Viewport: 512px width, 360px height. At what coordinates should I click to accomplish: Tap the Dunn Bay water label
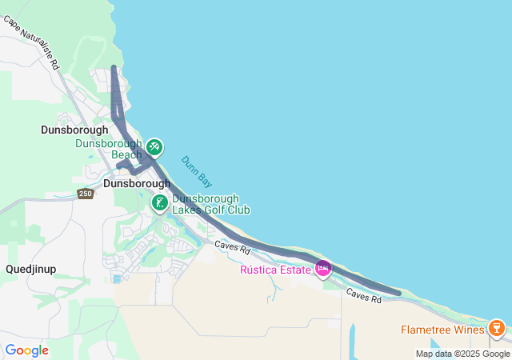[195, 171]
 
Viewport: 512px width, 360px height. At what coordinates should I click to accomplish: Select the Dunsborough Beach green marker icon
[154, 147]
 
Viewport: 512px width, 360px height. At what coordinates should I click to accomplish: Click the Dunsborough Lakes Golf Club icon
[160, 203]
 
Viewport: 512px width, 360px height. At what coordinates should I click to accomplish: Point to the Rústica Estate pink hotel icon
[323, 269]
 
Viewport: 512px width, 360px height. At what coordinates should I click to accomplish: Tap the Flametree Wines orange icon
[496, 329]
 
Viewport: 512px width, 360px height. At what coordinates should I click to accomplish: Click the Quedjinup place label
[31, 269]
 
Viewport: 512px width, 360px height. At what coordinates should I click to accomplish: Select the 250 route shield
[86, 194]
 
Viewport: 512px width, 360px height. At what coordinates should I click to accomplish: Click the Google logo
[26, 350]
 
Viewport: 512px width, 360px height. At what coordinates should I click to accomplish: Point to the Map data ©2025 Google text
[462, 354]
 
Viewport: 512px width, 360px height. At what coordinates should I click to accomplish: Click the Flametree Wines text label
[442, 330]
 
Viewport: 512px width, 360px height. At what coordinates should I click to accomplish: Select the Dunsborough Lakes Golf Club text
[211, 204]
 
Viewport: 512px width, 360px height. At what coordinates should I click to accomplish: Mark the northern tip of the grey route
[114, 67]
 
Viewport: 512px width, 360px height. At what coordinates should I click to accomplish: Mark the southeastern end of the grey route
[398, 294]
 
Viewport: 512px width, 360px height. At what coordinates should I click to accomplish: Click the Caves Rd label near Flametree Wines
[364, 296]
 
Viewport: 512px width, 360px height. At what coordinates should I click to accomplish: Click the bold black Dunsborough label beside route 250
[137, 183]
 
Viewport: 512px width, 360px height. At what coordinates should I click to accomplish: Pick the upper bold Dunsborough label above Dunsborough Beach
[74, 129]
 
